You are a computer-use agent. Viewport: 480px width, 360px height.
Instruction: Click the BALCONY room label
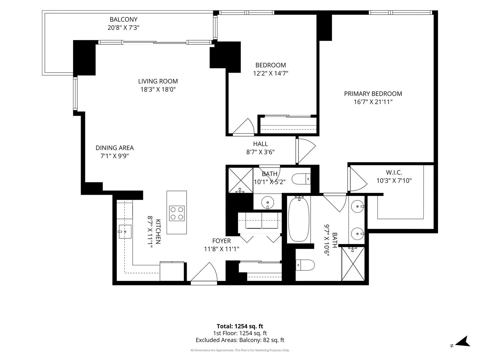124,19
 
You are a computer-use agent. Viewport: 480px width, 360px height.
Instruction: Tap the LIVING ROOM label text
158,81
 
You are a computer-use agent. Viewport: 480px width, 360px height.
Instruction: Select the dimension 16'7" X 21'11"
373,102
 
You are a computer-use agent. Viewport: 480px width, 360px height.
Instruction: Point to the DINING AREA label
115,148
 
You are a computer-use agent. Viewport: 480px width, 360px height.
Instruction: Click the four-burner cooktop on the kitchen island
177,213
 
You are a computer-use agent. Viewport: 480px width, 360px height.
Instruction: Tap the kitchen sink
125,231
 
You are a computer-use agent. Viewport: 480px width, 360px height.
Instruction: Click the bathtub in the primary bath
299,219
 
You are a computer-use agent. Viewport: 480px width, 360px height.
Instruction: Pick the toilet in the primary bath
305,265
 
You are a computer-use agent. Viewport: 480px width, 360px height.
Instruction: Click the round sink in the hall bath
268,202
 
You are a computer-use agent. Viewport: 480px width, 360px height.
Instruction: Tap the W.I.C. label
394,172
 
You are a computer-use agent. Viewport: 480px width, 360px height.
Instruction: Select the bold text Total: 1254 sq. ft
240,326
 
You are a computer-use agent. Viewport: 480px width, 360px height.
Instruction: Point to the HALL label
260,144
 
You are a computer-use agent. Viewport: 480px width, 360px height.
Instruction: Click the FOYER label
222,241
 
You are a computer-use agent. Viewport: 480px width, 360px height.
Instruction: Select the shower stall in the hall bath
241,180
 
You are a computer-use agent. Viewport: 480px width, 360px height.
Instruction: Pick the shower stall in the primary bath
353,264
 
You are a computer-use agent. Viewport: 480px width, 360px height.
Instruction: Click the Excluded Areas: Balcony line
240,340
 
